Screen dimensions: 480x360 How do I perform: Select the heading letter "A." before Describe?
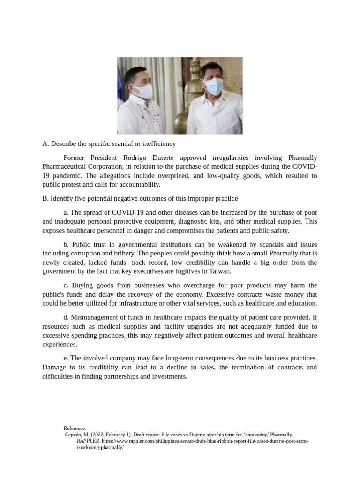point(45,143)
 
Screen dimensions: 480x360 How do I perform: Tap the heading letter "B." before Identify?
point(45,198)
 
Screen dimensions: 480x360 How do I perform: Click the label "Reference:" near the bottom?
point(75,428)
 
